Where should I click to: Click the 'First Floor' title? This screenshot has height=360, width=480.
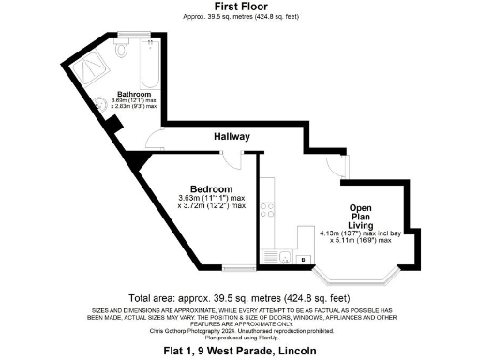point(242,6)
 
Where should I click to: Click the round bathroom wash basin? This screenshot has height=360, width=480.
point(100,104)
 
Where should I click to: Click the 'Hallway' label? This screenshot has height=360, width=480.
point(232,137)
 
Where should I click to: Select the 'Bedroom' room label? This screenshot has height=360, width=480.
point(211,188)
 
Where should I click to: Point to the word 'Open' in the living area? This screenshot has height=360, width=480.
point(362,206)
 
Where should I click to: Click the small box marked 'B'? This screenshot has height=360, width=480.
point(304,256)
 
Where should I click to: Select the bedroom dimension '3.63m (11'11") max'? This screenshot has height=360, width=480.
point(211,198)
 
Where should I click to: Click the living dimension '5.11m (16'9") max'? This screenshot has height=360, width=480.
point(361,240)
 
